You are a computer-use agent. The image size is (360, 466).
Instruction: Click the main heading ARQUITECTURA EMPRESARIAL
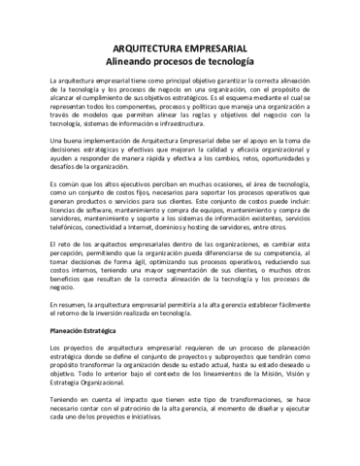coord(180,47)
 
